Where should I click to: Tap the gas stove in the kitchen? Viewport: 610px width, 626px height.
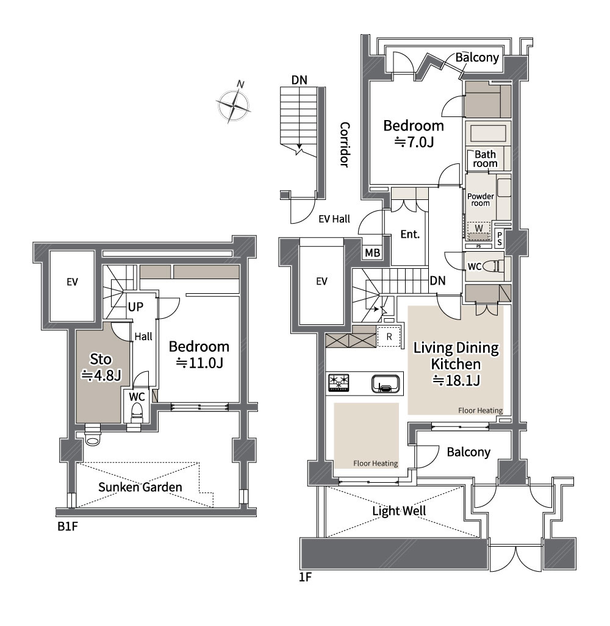coord(339,382)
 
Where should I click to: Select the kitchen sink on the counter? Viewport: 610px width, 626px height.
coord(386,383)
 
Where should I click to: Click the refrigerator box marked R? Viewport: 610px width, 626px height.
coord(389,336)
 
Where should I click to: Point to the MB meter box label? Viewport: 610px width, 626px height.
coord(372,252)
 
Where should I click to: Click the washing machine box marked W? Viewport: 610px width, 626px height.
coord(479,230)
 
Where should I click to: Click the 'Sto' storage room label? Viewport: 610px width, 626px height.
coord(100,359)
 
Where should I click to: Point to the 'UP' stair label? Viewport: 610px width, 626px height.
coord(135,307)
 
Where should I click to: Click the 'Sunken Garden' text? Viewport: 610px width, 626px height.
coord(140,487)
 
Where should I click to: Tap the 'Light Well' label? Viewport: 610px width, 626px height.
coord(399,511)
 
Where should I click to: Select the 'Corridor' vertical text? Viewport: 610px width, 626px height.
coord(345,144)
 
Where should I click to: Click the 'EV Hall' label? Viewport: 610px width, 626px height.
coord(334,219)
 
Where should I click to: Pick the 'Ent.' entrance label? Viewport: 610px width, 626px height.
coord(410,234)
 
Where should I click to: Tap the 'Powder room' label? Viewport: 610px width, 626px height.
coord(481,199)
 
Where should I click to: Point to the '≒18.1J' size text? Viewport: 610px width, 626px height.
coord(456,380)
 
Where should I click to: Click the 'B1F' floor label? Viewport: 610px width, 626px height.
coord(68,526)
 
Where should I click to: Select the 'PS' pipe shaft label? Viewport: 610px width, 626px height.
coord(500,239)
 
